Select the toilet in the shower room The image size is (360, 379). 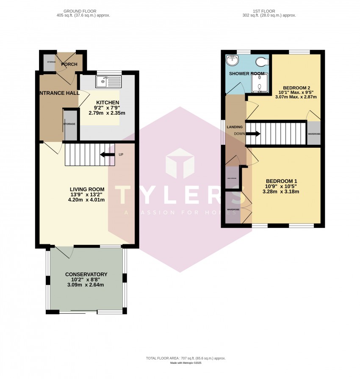pyautogui.click(x=262, y=62)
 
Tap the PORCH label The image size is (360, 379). pyautogui.click(x=69, y=64)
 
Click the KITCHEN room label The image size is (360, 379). pyautogui.click(x=108, y=102)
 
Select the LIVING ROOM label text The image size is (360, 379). pyautogui.click(x=87, y=189)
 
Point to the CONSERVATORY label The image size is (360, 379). pyautogui.click(x=86, y=274)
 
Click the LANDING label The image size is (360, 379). pyautogui.click(x=235, y=127)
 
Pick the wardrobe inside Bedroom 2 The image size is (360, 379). pyautogui.click(x=314, y=133)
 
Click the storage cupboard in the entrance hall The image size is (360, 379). pyautogui.click(x=70, y=124)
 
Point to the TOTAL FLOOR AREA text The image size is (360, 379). pyautogui.click(x=180, y=358)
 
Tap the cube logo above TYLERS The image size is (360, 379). pyautogui.click(x=180, y=164)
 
